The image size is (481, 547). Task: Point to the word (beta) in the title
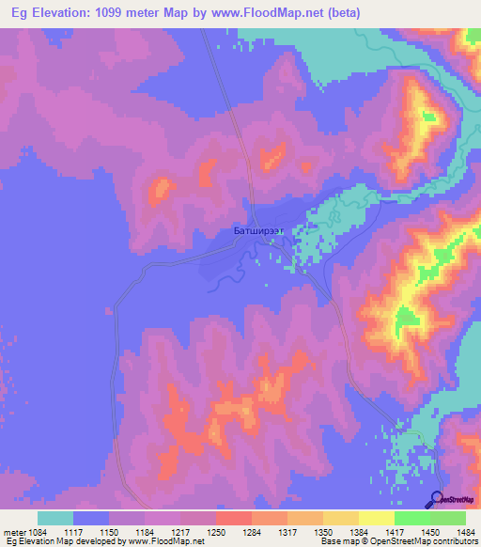(x=339, y=12)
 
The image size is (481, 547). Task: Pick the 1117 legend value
(x=89, y=532)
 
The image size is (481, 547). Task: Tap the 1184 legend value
(x=161, y=532)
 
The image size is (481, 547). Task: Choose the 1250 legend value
(x=232, y=532)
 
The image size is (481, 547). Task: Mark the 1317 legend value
(x=303, y=532)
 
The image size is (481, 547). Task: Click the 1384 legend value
(x=375, y=532)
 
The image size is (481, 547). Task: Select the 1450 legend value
(x=446, y=532)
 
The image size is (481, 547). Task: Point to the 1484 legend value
(x=468, y=532)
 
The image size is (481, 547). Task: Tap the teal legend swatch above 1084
(x=55, y=518)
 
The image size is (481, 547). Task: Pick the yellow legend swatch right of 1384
(x=376, y=518)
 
